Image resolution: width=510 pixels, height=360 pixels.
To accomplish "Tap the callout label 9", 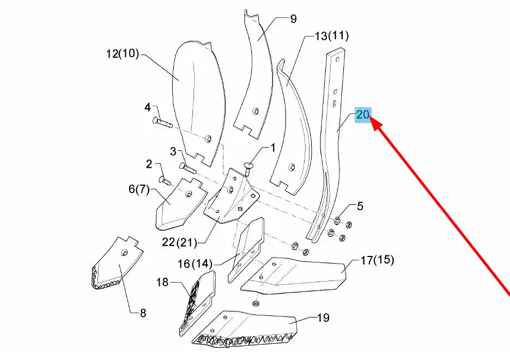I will pos(294,20).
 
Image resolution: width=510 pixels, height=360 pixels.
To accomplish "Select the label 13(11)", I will pos(331,36).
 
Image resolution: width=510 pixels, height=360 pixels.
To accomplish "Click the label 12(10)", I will pos(123,54).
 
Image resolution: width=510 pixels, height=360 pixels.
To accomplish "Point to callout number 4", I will pos(147,107).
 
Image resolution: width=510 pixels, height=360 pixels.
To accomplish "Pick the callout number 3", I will pos(173,151).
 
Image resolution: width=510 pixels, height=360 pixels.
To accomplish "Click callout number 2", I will pos(149,163).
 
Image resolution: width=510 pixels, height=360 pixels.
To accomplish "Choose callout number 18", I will pos(162,282).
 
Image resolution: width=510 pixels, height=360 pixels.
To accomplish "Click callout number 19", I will pos(323,318).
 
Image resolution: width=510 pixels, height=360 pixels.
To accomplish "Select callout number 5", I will pos(360,206).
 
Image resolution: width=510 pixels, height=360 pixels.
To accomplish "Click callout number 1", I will pos(272,147).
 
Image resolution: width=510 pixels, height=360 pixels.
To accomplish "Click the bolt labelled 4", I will pos(162,122).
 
